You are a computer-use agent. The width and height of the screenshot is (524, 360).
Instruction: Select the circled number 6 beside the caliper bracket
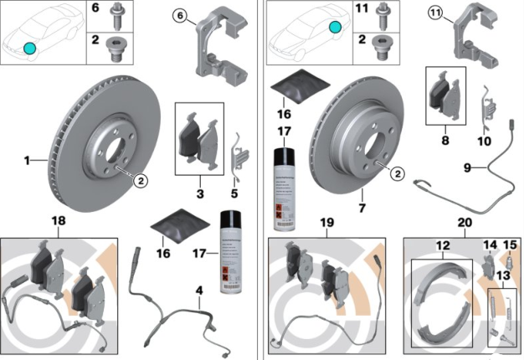coord(181,14)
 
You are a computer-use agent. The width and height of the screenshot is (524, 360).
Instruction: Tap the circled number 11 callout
coord(434,14)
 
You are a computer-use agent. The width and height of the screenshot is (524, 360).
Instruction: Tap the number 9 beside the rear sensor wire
coord(470,168)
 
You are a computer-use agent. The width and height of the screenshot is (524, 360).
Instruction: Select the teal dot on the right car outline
coord(335,27)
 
